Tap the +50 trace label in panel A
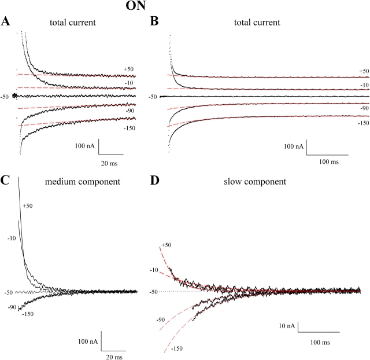coord(128,69)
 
